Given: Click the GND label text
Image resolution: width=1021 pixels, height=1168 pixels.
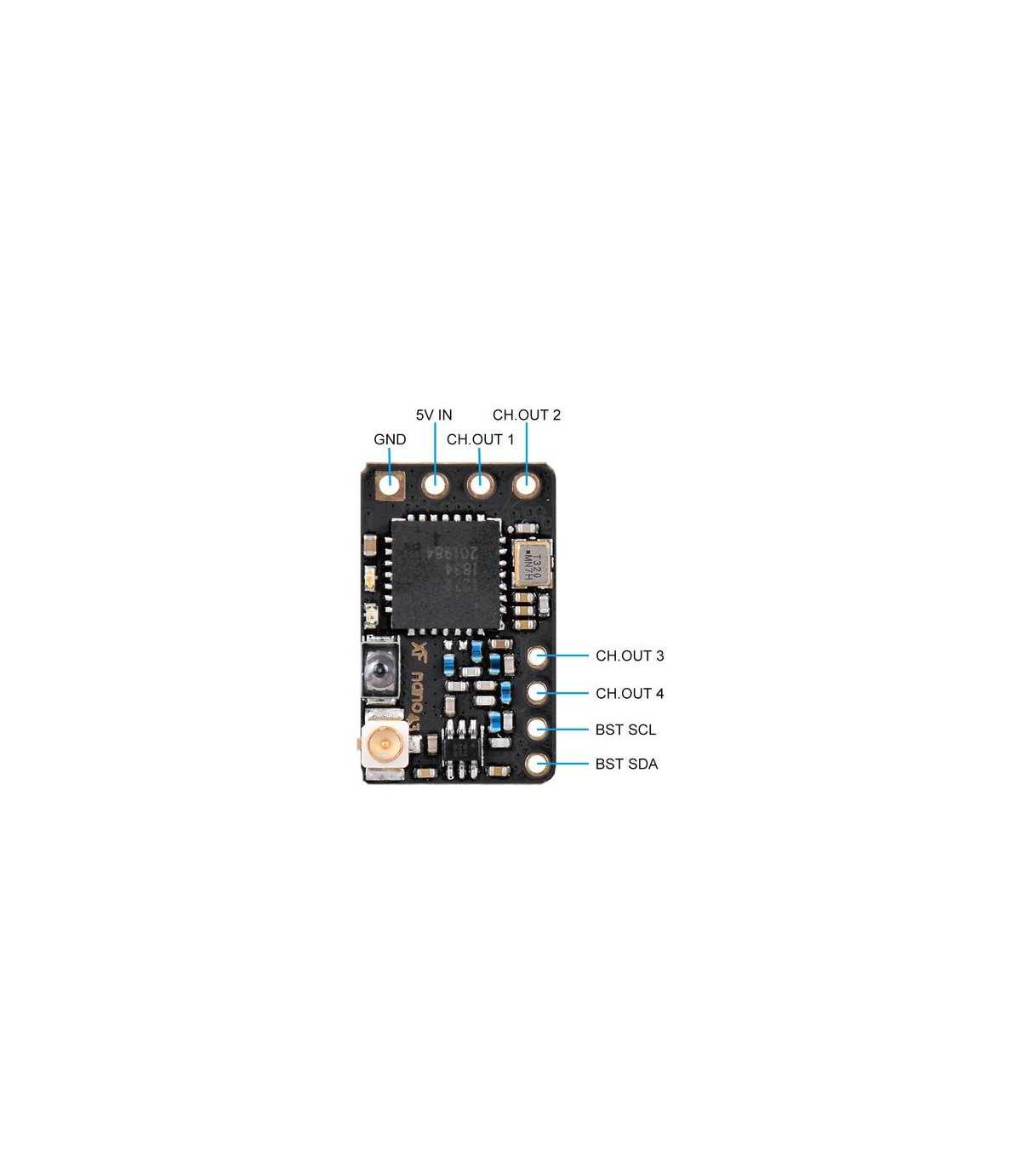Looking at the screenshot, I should [x=390, y=440].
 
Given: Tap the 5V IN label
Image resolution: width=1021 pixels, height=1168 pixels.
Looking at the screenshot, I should [x=434, y=415].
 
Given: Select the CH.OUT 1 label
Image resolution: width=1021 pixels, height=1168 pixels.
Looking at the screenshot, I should [x=480, y=440].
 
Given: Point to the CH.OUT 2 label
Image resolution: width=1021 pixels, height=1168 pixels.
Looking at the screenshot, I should [x=527, y=415].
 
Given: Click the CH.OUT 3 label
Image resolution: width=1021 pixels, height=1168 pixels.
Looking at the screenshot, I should [x=630, y=656].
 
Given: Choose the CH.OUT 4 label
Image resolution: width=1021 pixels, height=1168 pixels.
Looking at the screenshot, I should [x=630, y=694].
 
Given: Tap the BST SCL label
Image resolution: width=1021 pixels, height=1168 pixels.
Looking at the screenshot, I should [x=625, y=730].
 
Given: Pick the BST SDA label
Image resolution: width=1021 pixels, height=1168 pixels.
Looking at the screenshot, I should [x=626, y=764].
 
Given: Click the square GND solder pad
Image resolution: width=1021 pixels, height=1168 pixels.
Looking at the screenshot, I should [x=391, y=485].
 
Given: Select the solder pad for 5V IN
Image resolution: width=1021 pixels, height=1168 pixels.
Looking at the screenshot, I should [x=436, y=485].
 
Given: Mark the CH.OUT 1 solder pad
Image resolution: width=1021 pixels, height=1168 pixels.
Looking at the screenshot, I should [x=481, y=485].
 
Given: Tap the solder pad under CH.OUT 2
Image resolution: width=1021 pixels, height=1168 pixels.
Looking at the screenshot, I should [x=526, y=486].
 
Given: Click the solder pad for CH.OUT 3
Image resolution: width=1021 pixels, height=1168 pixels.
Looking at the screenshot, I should [x=537, y=657].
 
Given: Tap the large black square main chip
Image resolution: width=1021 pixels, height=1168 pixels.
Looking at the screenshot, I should [x=443, y=570].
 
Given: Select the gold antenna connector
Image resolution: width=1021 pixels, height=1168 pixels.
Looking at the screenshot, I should [x=385, y=747].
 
